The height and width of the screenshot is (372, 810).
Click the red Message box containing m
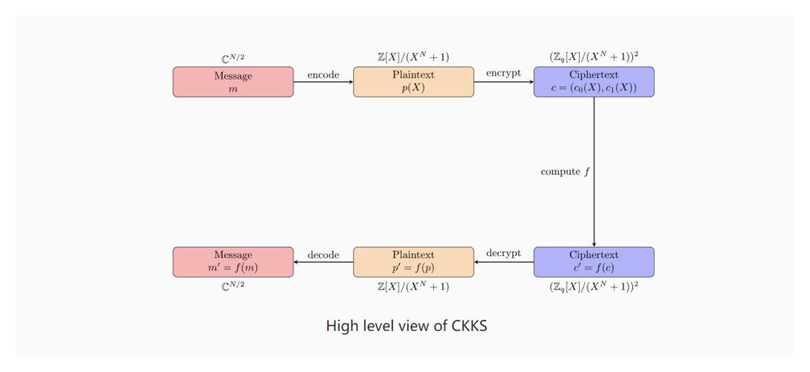point(233,82)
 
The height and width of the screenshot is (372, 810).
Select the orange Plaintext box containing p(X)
point(413,82)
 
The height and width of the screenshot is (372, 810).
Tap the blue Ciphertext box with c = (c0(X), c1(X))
point(594,82)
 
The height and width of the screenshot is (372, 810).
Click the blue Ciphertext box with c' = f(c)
point(594,262)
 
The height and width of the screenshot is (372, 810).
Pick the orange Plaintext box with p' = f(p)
point(413,262)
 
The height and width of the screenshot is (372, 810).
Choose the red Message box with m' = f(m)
point(233,262)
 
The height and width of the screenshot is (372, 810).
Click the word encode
point(323,74)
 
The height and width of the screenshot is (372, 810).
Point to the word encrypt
point(503,73)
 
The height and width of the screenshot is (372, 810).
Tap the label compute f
point(566,172)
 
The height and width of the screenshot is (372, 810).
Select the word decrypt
point(503,253)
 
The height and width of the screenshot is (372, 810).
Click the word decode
point(323,254)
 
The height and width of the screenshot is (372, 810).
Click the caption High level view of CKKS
point(406,326)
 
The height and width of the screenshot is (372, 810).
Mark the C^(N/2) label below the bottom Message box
point(233,286)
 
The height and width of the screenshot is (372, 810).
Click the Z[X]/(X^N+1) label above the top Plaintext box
point(413,57)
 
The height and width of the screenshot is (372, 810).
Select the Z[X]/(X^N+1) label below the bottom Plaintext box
point(413,286)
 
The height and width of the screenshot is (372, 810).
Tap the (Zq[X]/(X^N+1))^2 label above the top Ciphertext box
point(594,57)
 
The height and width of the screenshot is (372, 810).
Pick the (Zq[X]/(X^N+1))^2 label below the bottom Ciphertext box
point(594,286)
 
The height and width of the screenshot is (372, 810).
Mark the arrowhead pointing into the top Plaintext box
point(350,82)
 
